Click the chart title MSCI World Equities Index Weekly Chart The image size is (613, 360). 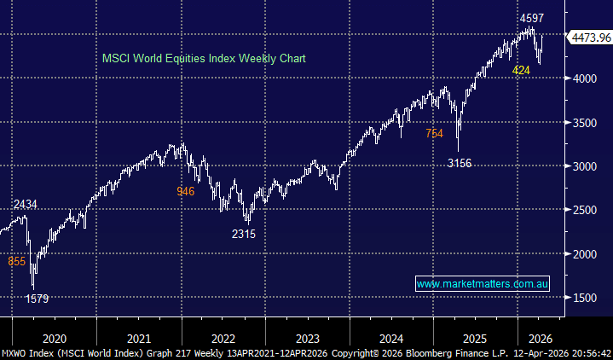coord(204,59)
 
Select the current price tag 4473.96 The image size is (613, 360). coord(589,37)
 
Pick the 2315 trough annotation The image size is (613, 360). coord(243,233)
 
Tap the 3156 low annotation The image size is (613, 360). coord(459,163)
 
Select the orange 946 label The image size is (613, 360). coord(185,191)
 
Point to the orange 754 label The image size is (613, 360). coord(435,133)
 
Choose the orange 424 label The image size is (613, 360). coord(521,70)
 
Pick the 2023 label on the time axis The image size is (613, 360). coord(309,336)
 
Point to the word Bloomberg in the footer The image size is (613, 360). coord(419,352)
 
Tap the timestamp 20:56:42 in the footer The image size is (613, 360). coord(587,352)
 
